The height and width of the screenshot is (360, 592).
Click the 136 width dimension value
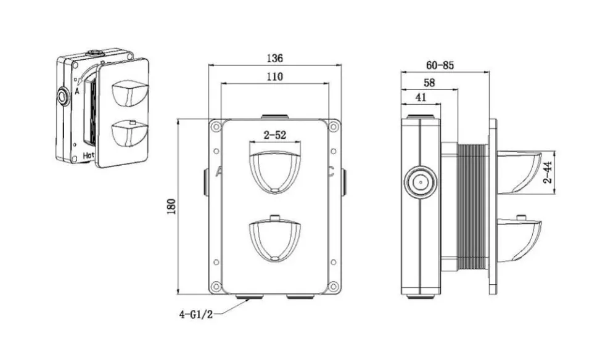(x=274, y=58)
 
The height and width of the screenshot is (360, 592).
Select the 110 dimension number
(x=274, y=76)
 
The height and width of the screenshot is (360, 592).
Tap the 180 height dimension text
(x=171, y=207)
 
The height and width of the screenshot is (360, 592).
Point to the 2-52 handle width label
(x=275, y=135)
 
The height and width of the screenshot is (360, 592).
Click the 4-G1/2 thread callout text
(x=196, y=314)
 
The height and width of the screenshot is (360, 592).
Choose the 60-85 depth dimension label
(x=440, y=65)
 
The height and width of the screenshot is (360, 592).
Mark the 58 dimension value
(x=429, y=83)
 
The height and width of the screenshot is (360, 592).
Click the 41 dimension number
(x=421, y=97)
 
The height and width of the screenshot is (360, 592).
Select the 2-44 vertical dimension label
(x=548, y=172)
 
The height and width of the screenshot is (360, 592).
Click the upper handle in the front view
(x=275, y=172)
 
